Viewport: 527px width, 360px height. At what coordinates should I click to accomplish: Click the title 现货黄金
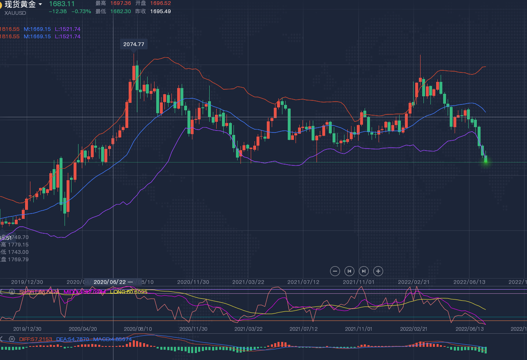click(x=20, y=5)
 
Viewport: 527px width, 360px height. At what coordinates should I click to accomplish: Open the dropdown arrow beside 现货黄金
click(x=40, y=4)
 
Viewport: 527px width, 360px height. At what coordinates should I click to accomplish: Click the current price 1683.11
click(x=62, y=4)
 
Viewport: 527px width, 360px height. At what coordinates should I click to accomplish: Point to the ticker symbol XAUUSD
click(x=15, y=13)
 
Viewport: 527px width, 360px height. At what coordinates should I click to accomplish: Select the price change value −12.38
click(x=58, y=11)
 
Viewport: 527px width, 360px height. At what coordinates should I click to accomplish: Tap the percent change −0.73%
click(x=81, y=11)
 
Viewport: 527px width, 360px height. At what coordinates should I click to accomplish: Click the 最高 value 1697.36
click(x=120, y=3)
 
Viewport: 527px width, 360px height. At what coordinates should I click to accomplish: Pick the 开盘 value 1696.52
click(x=160, y=3)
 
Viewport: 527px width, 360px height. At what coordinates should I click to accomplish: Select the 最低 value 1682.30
click(x=120, y=11)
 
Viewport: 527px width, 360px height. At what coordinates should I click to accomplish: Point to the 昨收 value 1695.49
click(x=160, y=11)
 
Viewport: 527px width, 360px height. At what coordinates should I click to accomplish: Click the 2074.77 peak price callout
click(x=134, y=44)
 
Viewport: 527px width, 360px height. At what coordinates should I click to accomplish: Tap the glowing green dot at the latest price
click(x=485, y=161)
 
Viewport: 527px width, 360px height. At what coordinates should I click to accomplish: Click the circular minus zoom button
click(x=335, y=271)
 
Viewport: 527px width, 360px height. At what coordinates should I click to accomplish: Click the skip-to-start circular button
click(x=349, y=271)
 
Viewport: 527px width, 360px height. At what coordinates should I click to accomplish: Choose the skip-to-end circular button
click(x=364, y=271)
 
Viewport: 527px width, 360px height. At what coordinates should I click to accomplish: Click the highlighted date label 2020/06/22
click(x=110, y=282)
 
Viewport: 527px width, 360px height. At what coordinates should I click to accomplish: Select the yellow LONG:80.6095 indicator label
click(x=129, y=292)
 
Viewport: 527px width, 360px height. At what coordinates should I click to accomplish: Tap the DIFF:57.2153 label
click(x=36, y=339)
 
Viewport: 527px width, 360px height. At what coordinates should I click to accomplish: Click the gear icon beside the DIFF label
click(x=12, y=339)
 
